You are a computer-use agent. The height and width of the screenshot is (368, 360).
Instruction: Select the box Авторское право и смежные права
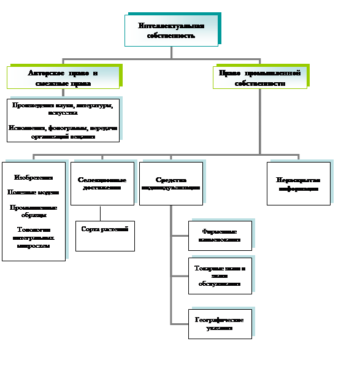pyautogui.click(x=63, y=78)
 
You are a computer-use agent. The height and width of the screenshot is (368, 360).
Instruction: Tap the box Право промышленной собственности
pyautogui.click(x=259, y=78)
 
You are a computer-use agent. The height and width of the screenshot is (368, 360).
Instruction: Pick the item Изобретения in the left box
pyautogui.click(x=33, y=177)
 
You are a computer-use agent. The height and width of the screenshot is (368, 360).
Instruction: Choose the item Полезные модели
pyautogui.click(x=33, y=192)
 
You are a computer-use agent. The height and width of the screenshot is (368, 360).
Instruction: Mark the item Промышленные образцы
pyautogui.click(x=33, y=211)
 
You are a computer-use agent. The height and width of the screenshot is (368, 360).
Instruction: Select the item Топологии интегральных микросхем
pyautogui.click(x=33, y=237)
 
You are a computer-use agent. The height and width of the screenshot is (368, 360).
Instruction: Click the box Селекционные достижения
pyautogui.click(x=102, y=183)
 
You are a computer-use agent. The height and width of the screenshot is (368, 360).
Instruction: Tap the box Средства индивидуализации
pyautogui.click(x=170, y=183)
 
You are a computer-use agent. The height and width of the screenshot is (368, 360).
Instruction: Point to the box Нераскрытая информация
pyautogui.click(x=297, y=183)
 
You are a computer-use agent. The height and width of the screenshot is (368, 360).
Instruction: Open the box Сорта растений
pyautogui.click(x=105, y=236)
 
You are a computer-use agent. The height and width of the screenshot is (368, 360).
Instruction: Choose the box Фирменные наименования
pyautogui.click(x=220, y=236)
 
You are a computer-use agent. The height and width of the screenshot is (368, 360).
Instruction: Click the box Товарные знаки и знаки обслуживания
pyautogui.click(x=220, y=275)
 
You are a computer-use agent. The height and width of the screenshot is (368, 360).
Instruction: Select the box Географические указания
pyautogui.click(x=220, y=324)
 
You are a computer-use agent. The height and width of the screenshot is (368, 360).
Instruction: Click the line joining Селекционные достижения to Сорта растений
pyautogui.click(x=101, y=213)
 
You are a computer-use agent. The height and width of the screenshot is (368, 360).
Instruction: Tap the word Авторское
pyautogui.click(x=45, y=72)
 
